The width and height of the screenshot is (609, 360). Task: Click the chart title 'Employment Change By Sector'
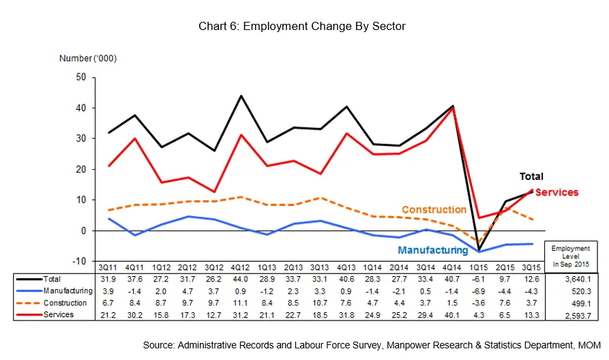click(302, 27)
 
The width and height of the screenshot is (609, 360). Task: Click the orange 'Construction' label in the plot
click(434, 210)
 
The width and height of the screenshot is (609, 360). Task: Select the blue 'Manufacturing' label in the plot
click(433, 250)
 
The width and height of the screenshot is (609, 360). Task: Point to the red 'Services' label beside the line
click(556, 192)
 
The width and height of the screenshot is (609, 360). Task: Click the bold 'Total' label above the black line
click(532, 177)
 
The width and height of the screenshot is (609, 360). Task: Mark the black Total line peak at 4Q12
click(241, 95)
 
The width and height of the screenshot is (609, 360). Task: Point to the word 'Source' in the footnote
click(159, 346)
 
